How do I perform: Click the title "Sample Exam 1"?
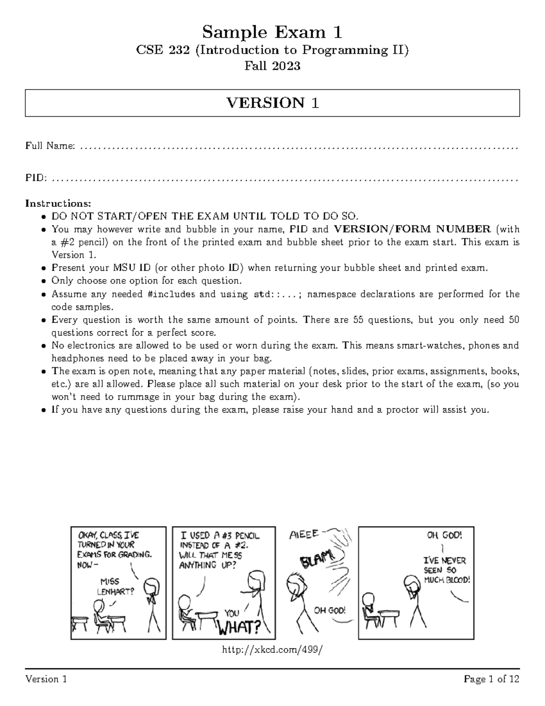(x=272, y=32)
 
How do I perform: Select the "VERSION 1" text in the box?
(x=272, y=103)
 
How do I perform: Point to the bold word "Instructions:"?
(x=58, y=203)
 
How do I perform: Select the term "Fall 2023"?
(x=272, y=66)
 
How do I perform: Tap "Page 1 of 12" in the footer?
(x=491, y=680)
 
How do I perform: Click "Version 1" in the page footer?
(x=46, y=680)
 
